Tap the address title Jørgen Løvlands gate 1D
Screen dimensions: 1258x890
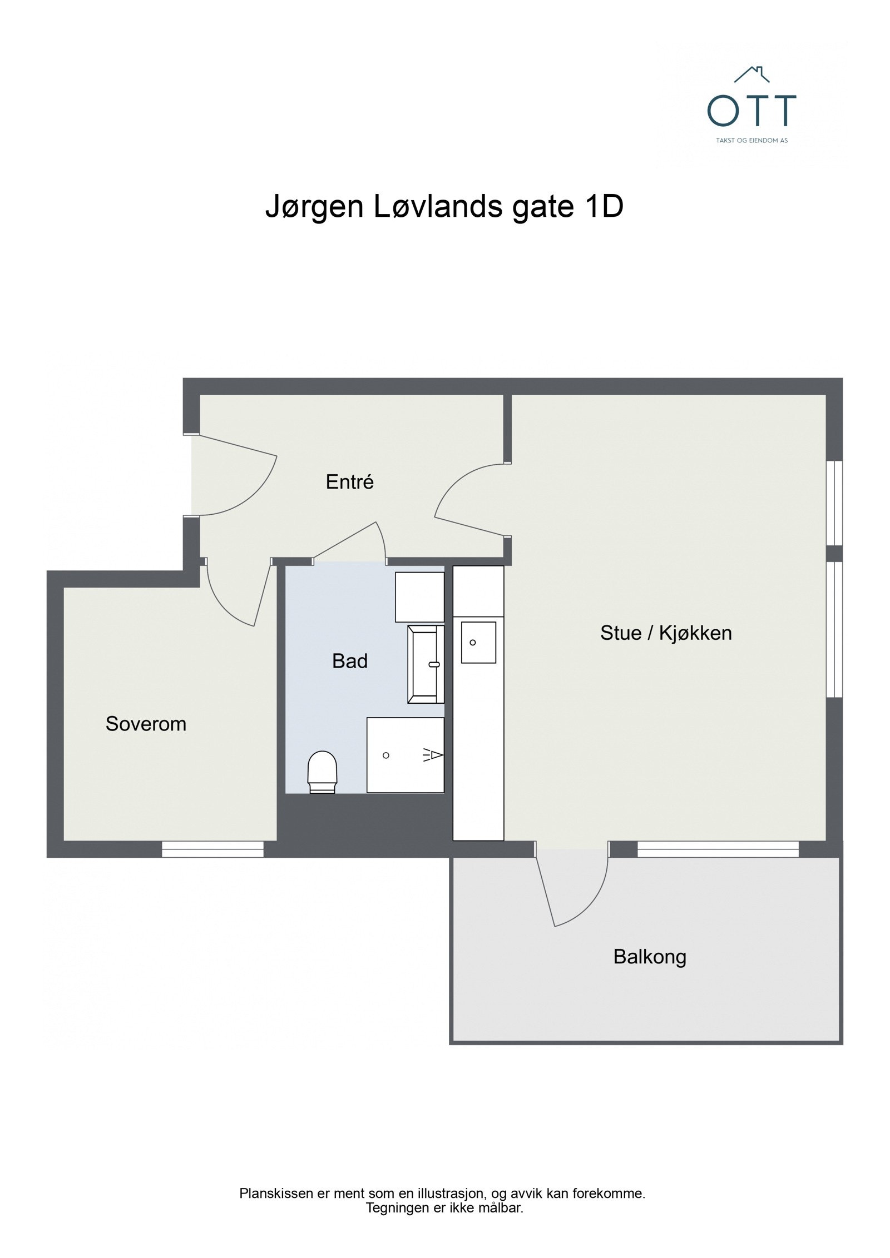click(444, 207)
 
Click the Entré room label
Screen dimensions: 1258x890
click(349, 482)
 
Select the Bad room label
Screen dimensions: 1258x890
click(349, 661)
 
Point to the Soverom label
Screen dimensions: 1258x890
click(146, 724)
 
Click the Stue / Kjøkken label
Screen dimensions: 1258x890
click(665, 633)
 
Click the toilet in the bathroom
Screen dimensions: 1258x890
click(322, 770)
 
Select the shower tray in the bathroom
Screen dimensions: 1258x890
click(404, 754)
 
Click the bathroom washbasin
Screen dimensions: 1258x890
click(426, 664)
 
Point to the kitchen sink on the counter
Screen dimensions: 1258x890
click(478, 643)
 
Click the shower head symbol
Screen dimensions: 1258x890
click(434, 754)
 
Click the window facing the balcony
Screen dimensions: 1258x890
click(718, 849)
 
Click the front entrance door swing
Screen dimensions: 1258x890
click(236, 478)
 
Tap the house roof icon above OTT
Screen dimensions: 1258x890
click(751, 74)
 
